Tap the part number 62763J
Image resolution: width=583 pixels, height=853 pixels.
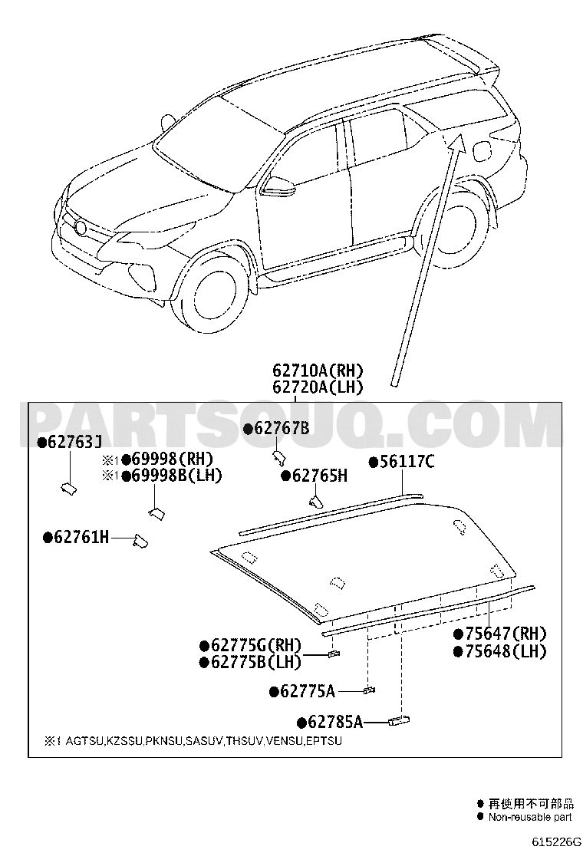(76, 442)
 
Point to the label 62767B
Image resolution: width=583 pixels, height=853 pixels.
(282, 429)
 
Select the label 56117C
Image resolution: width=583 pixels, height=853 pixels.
(406, 462)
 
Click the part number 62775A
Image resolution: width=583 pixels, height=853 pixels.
(306, 691)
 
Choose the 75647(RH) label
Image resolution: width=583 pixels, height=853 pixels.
(505, 634)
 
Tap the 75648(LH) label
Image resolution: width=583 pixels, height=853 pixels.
(505, 651)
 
